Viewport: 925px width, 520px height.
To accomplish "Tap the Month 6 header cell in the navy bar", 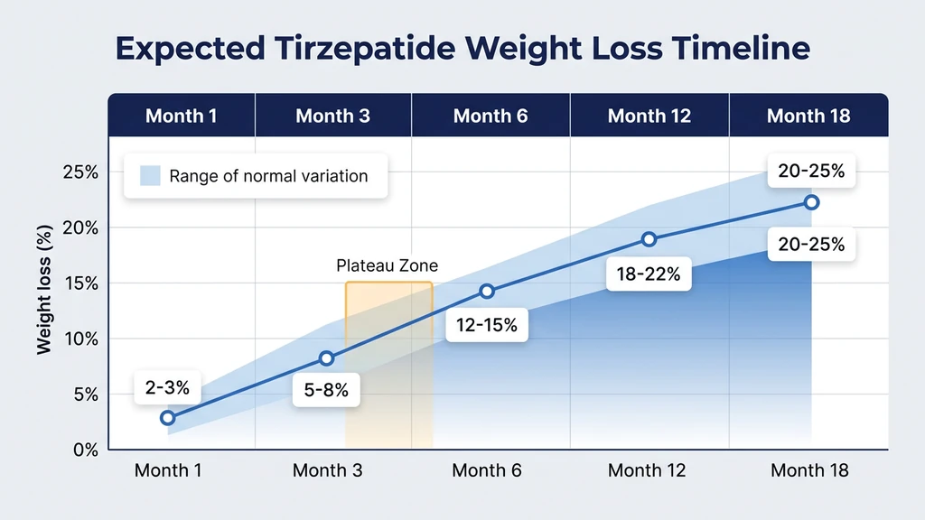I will pos(491,116).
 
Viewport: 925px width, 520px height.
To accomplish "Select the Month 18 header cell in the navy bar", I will pos(808,116).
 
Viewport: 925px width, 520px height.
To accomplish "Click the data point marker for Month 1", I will pos(167,417).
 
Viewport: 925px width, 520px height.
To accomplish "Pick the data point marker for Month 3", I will pos(327,358).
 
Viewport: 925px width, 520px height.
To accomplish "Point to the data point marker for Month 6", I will pos(487,291).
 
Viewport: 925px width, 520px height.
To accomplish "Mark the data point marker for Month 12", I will pos(649,239).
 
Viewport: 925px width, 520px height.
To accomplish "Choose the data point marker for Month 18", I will pos(811,202).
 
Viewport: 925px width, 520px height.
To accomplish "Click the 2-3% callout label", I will pos(167,388).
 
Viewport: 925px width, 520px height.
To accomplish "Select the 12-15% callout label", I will pos(487,325).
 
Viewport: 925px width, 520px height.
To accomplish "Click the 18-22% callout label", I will pos(649,274).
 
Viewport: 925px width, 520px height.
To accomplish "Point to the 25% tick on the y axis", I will pos(79,172).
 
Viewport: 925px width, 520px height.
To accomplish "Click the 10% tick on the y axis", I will pos(79,339).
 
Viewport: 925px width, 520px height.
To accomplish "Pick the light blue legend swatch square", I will pos(150,175).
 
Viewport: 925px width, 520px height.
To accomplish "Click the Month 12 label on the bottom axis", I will pos(647,470).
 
